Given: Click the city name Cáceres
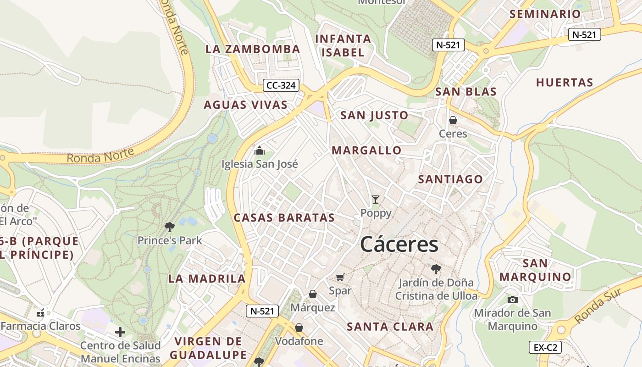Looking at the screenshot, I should pos(399,244).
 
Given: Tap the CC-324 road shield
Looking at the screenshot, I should pos(282,85).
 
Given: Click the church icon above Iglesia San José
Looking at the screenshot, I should pos(260,150).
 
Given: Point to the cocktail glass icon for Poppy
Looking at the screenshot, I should pos(376,199).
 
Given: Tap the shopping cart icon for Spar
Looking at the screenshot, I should pos(340,277).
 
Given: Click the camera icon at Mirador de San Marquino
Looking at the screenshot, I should pos(512,300).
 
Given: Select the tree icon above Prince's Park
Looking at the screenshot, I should pos(169,226).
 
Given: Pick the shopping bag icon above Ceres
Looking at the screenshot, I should pos(453,120).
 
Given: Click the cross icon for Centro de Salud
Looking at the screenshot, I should pos(120,332).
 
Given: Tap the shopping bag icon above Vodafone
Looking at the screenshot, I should pos(299,328).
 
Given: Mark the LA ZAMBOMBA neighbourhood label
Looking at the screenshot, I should pos(253,49).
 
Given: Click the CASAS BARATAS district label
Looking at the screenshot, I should pos(284,217).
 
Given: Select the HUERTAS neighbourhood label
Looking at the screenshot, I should pos(565,83).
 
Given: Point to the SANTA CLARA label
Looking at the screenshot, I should pos(390,327).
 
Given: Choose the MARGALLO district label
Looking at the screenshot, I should pos(366,150).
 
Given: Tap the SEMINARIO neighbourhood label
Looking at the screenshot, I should pos(545,14).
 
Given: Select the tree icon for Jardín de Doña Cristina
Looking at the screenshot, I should pos(436,269).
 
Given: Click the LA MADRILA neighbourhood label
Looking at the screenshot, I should pos(207,278).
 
